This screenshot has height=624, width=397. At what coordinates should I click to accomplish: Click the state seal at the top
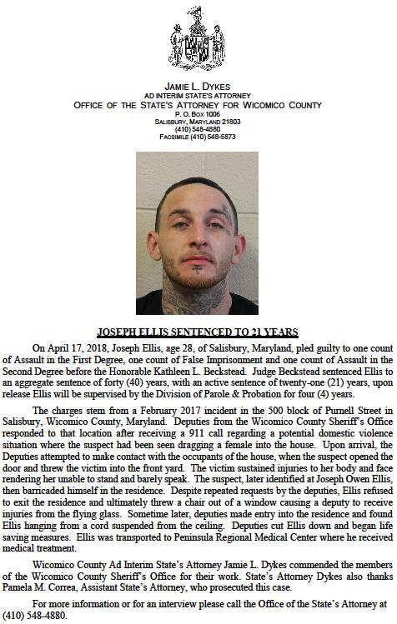point(198,44)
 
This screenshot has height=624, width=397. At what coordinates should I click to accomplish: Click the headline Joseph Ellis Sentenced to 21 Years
point(198,332)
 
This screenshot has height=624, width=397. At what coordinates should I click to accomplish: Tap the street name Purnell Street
point(334,411)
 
